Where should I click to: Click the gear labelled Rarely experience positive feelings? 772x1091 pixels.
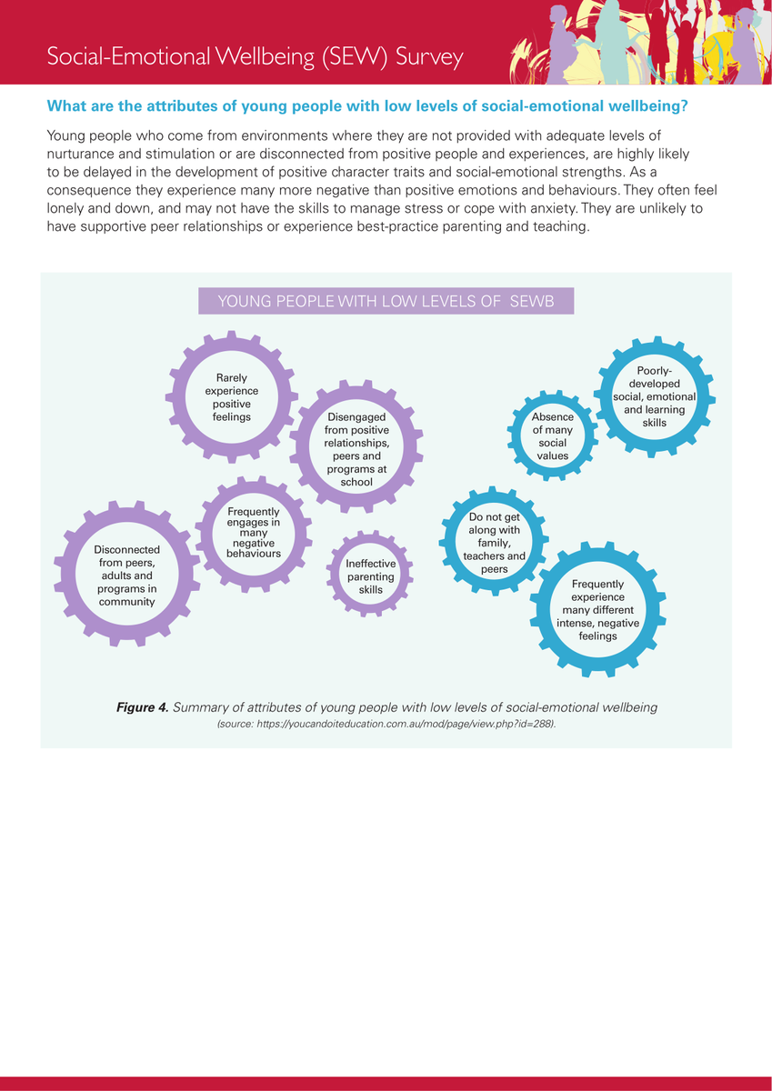pos(232,397)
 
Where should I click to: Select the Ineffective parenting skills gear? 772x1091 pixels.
pos(370,576)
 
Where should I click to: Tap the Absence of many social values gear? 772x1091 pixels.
pos(553,436)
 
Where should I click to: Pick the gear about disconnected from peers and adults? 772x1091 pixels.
pos(126,576)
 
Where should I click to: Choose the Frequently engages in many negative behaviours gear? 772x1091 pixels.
pos(254,534)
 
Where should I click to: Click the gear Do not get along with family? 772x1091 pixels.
pos(494,544)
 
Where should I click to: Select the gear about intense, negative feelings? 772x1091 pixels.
pos(597,610)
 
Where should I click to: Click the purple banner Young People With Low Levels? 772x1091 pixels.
pos(386,302)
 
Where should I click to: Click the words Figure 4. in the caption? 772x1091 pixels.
pos(142,707)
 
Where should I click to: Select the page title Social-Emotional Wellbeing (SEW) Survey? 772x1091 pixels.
pos(256,57)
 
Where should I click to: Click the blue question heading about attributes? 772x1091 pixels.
pos(366,107)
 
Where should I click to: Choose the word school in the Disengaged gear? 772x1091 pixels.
pos(356,482)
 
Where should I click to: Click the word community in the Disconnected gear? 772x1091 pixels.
pos(126,602)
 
